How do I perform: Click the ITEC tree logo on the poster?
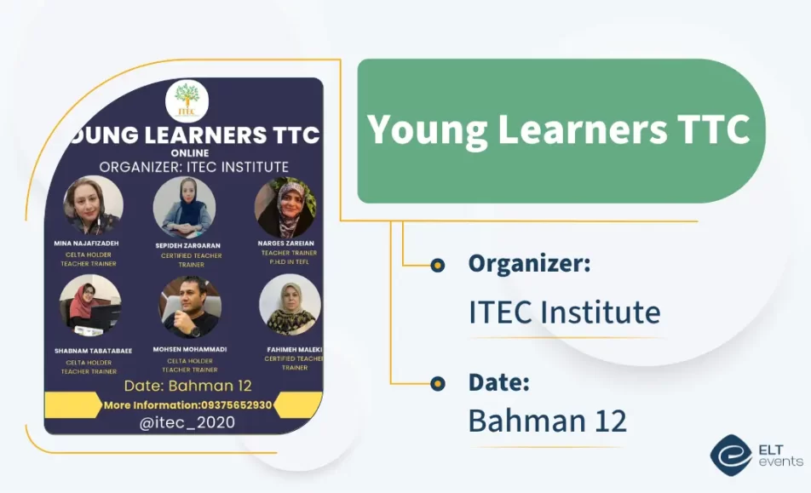187,101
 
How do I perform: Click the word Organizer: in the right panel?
529,264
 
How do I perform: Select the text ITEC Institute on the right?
564,312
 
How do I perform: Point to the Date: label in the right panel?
498,382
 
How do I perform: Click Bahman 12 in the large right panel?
547,421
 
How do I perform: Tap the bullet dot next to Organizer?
438,265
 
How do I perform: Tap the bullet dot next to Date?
438,383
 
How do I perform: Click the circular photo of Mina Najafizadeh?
93,205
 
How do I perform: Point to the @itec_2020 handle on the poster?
187,422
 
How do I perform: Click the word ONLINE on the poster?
189,153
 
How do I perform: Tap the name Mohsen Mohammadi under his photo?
189,349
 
